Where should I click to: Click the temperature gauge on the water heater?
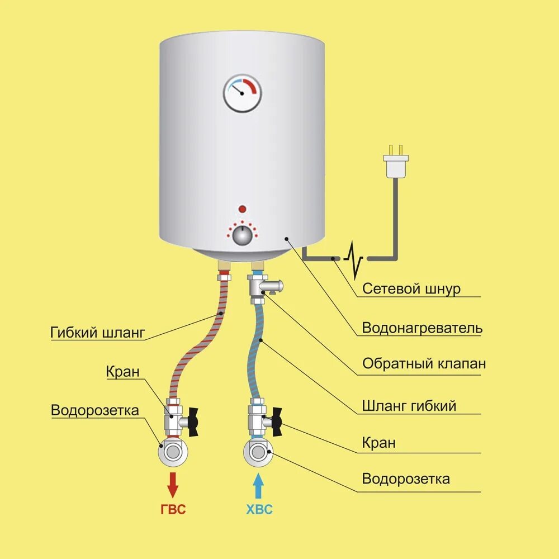(x=243, y=93)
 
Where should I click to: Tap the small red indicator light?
(x=243, y=209)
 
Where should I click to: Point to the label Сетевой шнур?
(x=411, y=288)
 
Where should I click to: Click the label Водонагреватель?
(x=422, y=328)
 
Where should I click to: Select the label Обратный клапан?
(x=424, y=364)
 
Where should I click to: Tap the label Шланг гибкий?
(x=409, y=405)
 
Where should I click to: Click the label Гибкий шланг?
(x=97, y=333)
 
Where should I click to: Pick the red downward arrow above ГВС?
(x=173, y=484)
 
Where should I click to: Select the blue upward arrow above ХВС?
(x=258, y=485)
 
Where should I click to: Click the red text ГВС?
(x=173, y=510)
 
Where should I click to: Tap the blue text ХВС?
(x=259, y=510)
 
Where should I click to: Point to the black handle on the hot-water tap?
(x=193, y=421)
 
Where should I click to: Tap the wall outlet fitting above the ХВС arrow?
(x=258, y=451)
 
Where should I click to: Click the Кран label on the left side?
(x=122, y=372)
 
